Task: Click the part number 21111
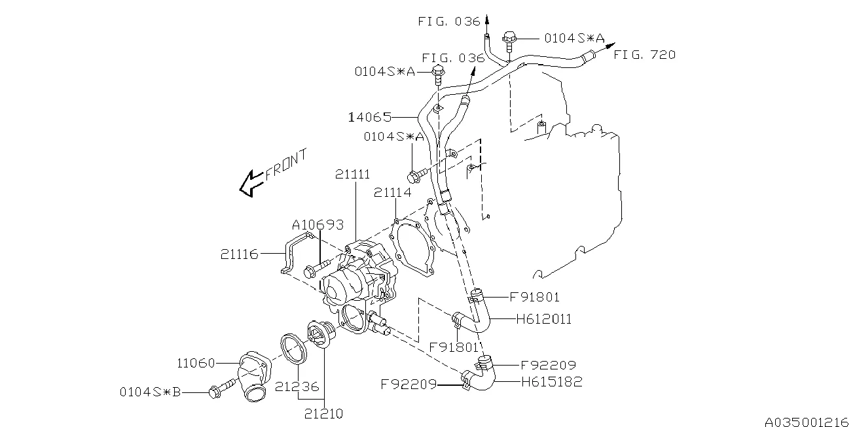353,174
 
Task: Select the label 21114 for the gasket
393,192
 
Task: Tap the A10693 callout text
318,225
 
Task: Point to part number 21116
240,254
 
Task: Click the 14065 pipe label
371,117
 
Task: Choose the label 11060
196,363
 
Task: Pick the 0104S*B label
151,392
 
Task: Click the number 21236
297,386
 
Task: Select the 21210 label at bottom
323,414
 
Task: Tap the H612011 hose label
544,319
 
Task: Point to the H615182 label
552,382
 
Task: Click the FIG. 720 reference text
644,55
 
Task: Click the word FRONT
286,164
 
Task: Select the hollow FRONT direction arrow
250,184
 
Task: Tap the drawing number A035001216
809,422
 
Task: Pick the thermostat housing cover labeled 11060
253,376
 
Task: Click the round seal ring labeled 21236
294,350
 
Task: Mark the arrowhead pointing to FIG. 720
611,45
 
